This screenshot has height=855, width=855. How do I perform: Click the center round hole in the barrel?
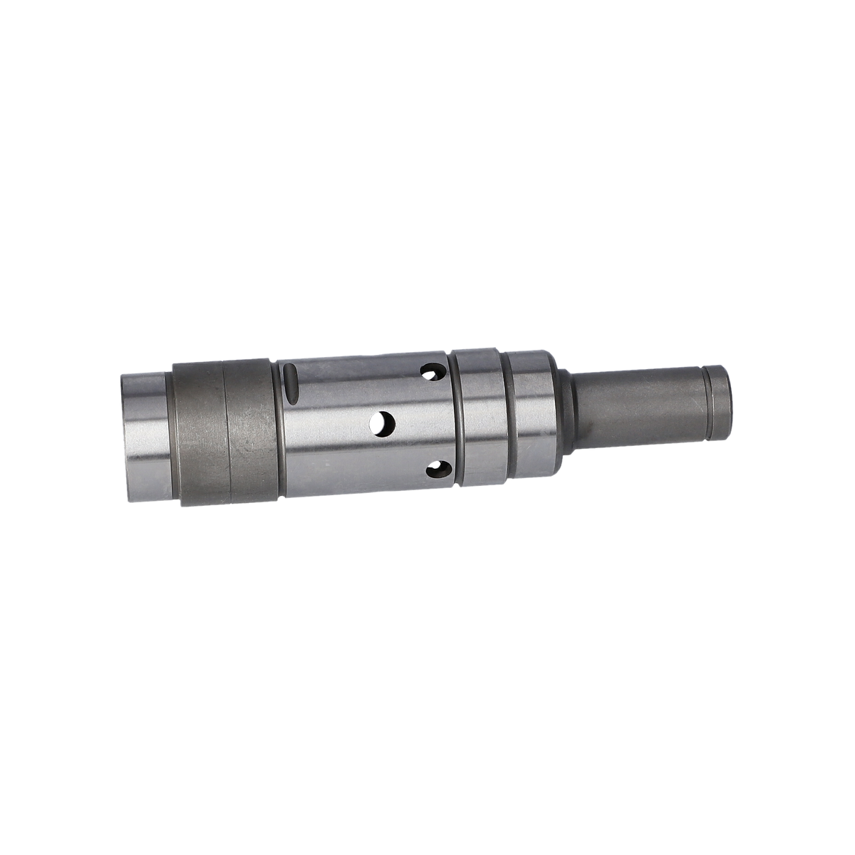383,423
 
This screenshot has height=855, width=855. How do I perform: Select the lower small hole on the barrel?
436,469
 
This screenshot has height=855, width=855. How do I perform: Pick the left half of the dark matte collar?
199,431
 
